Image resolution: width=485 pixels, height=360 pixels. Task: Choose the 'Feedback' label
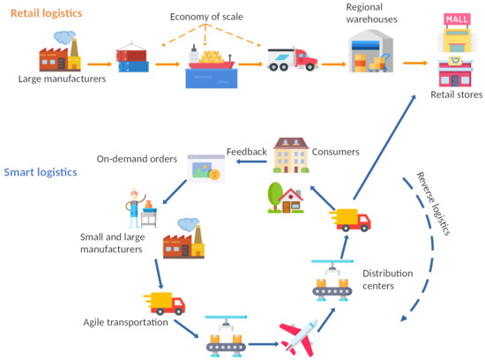246,152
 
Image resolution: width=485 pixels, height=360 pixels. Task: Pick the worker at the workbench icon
139,209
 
